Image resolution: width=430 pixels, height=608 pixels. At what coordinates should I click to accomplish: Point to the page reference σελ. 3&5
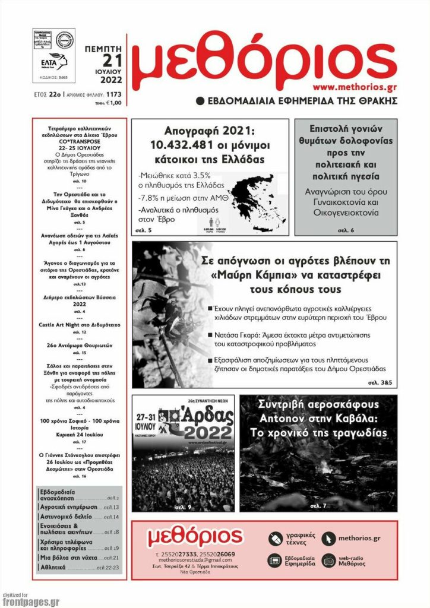click(x=381, y=382)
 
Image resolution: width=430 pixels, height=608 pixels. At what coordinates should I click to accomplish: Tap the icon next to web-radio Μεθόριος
click(x=328, y=560)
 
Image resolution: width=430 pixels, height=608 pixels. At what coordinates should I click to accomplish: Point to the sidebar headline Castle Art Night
click(x=80, y=325)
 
